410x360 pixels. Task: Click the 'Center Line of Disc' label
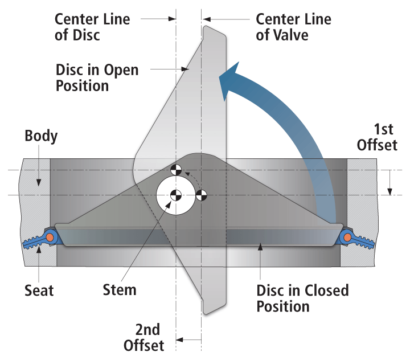point(92,27)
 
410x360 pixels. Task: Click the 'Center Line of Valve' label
point(293,27)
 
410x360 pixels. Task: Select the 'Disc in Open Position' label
point(97,77)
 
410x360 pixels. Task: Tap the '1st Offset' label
point(377,137)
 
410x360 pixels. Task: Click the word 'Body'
point(40,136)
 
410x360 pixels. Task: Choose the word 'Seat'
point(39,291)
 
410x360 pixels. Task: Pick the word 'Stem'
point(120,289)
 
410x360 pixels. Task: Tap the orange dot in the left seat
point(51,236)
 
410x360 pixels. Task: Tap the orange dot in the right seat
point(346,236)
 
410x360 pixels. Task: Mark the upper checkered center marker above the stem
point(177,170)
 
